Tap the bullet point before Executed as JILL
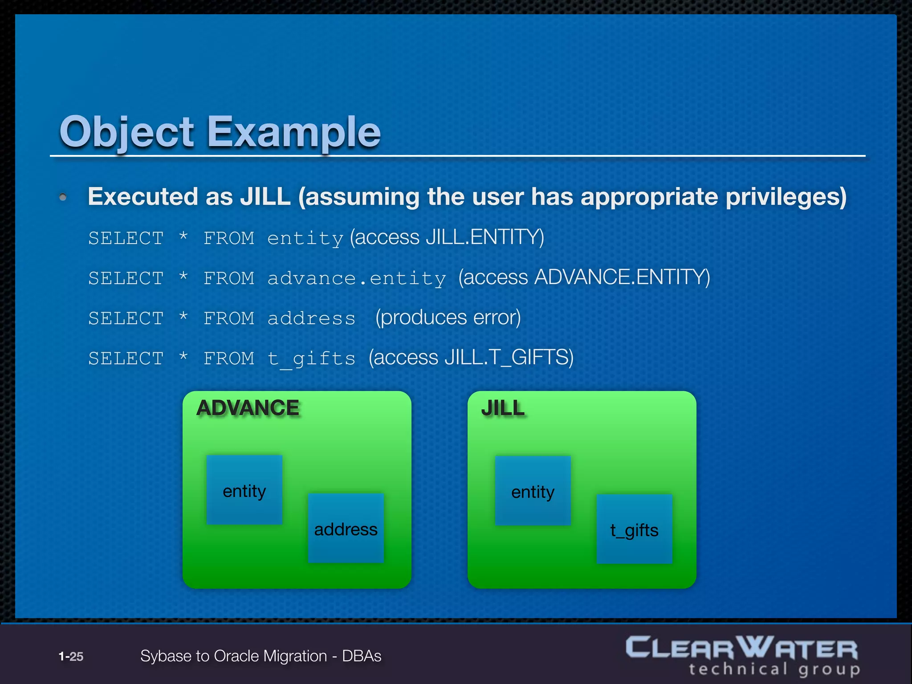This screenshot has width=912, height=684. coord(63,197)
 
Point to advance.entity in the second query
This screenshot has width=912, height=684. coord(356,279)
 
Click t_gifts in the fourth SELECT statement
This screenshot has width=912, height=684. coord(311,359)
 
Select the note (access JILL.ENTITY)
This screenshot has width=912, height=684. coord(447,237)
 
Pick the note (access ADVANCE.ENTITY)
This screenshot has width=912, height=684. coord(584,277)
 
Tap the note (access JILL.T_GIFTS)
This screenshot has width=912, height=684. coord(471,358)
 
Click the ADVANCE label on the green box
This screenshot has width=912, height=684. coord(248,408)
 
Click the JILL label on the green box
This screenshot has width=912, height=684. coord(503,408)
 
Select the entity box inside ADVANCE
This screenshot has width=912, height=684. coord(244,490)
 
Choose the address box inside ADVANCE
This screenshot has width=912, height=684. coord(346,529)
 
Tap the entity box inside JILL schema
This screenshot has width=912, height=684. coord(533,491)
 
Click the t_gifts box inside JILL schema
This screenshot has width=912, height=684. coord(634,529)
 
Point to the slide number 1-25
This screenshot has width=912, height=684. coord(71,656)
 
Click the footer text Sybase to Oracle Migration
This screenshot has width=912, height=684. coord(233,656)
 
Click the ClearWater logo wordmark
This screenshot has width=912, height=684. coord(741,648)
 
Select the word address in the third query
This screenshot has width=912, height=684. coord(311,319)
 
